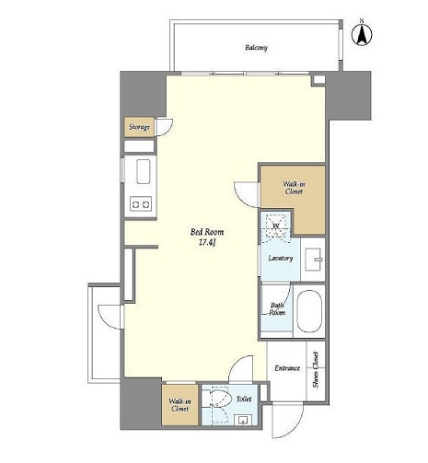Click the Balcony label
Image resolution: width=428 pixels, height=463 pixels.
coord(256,48)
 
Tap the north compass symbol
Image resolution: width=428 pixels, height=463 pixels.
coord(362,33)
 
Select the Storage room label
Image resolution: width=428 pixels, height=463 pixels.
coord(140,127)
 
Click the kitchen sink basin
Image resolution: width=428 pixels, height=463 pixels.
coord(144,171)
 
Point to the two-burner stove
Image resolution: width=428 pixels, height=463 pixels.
coord(141,203)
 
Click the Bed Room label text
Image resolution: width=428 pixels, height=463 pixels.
coord(207,232)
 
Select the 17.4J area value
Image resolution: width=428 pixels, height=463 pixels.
coord(207,243)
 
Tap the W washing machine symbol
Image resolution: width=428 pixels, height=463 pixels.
coord(276,226)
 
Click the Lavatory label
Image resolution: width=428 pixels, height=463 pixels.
coord(281,258)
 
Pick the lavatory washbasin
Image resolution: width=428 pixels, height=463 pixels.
coord(313,260)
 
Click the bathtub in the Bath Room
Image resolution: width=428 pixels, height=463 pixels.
coord(309,311)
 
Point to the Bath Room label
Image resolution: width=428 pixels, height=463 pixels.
coord(277,309)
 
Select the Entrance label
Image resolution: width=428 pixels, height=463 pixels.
coord(287,368)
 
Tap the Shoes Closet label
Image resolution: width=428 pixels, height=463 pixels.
coord(316,369)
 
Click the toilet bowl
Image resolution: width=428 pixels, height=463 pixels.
coord(220,398)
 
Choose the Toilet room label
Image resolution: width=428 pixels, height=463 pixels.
coord(244,399)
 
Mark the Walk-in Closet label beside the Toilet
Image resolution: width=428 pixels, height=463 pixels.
coord(179,405)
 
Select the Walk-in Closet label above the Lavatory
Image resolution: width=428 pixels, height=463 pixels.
coord(294,188)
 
